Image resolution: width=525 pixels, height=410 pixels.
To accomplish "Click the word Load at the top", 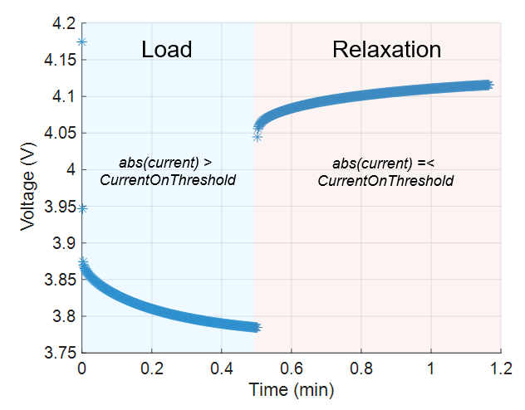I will click(x=167, y=49).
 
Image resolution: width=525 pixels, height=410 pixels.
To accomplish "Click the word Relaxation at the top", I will click(x=386, y=49).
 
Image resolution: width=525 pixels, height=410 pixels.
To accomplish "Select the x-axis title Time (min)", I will click(x=292, y=388).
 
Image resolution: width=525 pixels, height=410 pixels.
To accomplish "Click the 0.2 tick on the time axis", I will click(x=151, y=367).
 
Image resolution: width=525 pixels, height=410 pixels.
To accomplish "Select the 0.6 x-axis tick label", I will click(x=291, y=367).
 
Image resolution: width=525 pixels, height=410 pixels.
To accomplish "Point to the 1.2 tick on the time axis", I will click(x=500, y=367).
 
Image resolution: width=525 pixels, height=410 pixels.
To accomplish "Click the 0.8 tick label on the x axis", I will click(x=361, y=367).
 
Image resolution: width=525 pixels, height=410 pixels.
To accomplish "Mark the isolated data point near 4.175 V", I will click(x=81, y=41).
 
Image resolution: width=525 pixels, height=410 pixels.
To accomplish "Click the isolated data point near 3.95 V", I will click(x=81, y=208).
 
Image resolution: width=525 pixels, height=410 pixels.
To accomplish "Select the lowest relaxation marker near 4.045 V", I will click(x=258, y=137).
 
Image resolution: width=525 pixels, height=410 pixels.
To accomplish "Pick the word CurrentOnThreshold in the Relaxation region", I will click(x=385, y=180).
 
